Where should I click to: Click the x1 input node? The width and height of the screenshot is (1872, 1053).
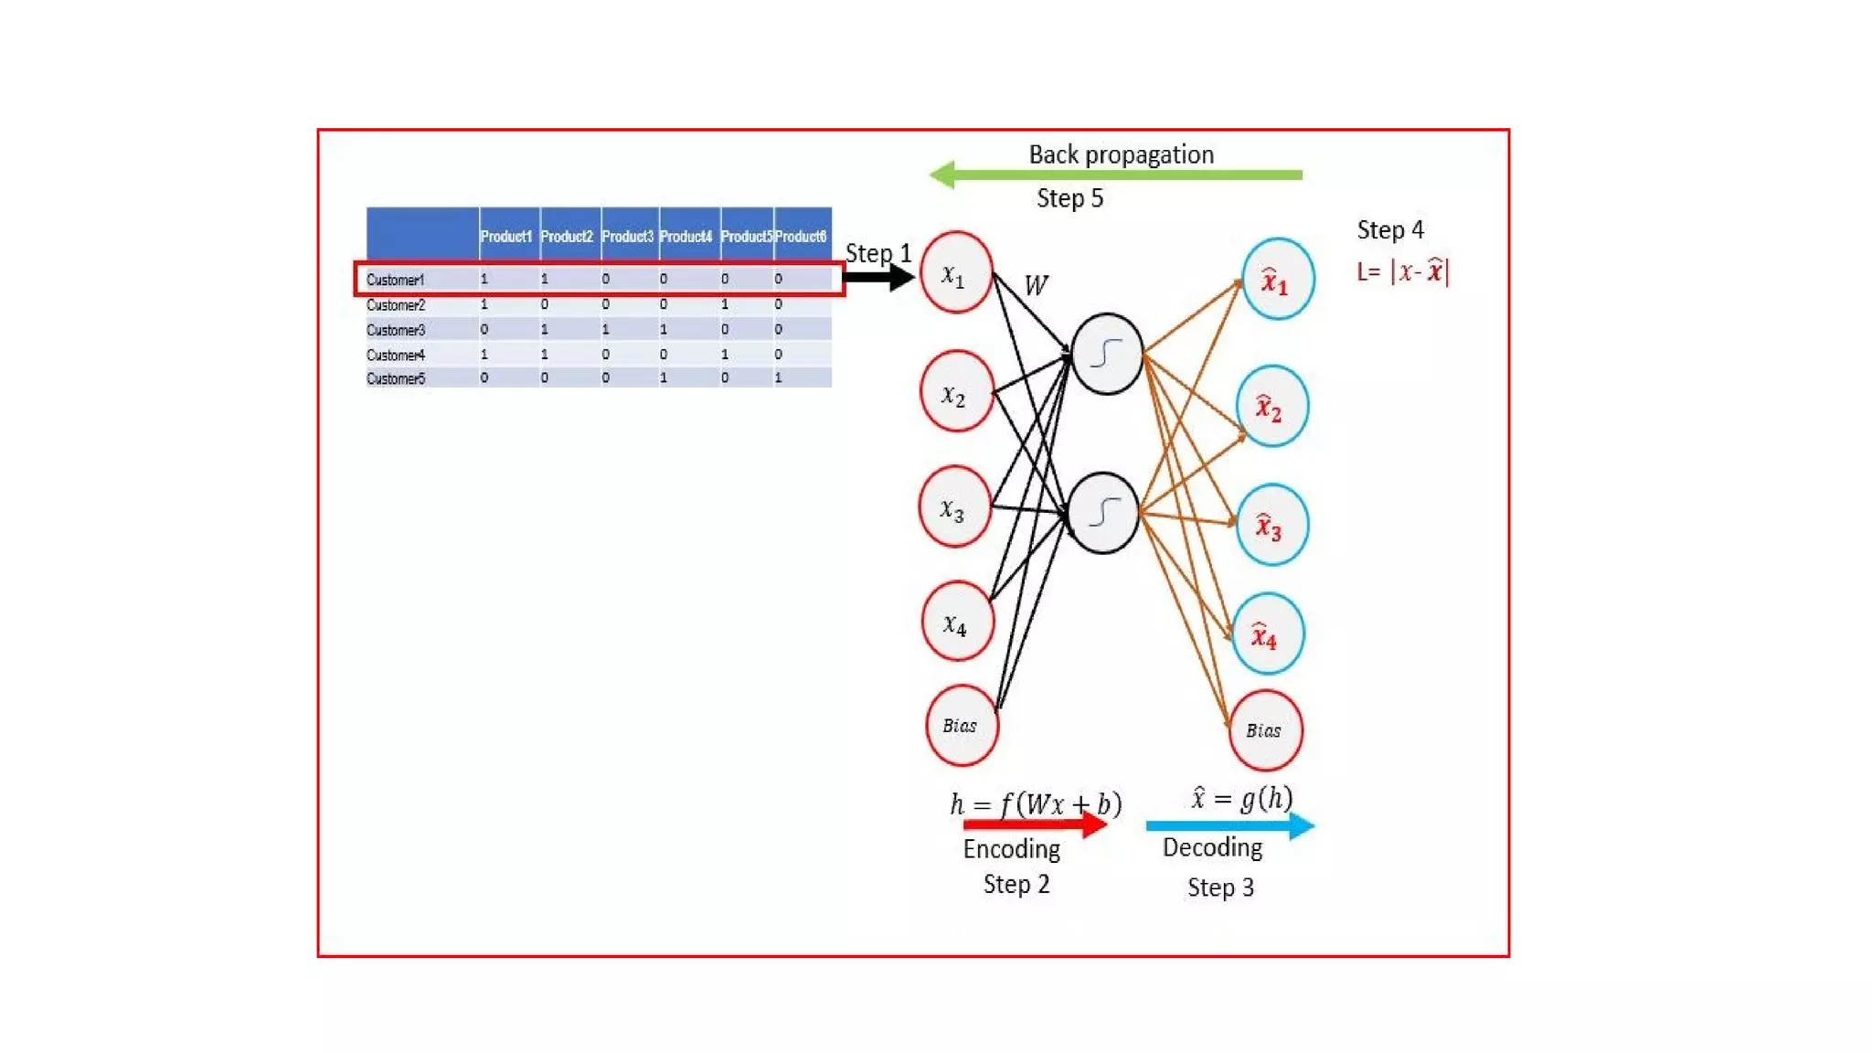pyautogui.click(x=956, y=272)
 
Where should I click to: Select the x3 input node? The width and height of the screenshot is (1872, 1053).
pyautogui.click(x=954, y=507)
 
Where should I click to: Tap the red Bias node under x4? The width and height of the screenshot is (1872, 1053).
pyautogui.click(x=962, y=726)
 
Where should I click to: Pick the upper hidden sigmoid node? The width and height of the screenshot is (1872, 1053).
pyautogui.click(x=1107, y=354)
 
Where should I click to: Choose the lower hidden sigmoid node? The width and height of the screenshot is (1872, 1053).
pyautogui.click(x=1103, y=513)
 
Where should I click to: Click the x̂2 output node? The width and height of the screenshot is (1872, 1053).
pyautogui.click(x=1271, y=407)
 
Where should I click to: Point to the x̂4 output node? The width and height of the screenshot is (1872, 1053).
pyautogui.click(x=1267, y=634)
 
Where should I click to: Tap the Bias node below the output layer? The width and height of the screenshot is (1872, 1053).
pyautogui.click(x=1265, y=730)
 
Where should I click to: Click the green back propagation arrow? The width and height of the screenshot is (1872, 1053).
pyautogui.click(x=1115, y=175)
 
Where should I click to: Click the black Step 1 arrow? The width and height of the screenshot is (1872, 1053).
pyautogui.click(x=878, y=277)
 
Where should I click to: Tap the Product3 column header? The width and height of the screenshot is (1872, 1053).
pyautogui.click(x=628, y=237)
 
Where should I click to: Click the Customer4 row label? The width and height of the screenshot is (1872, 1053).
pyautogui.click(x=396, y=355)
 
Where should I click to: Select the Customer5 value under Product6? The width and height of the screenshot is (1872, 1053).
pyautogui.click(x=779, y=378)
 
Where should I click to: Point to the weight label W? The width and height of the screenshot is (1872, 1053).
pyautogui.click(x=1036, y=286)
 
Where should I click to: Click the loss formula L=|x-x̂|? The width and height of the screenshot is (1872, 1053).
pyautogui.click(x=1403, y=271)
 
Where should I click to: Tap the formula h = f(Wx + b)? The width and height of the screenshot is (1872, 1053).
pyautogui.click(x=1035, y=803)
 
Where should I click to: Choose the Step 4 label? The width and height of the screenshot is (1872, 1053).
pyautogui.click(x=1389, y=230)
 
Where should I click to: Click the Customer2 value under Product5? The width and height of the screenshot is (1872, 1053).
pyautogui.click(x=725, y=304)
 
